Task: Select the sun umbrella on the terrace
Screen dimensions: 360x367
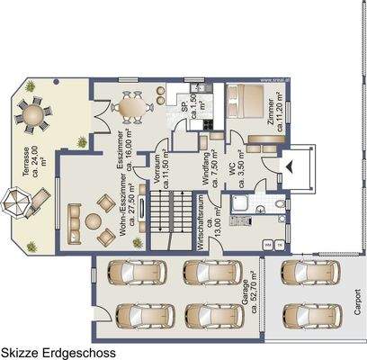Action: [x=15, y=203]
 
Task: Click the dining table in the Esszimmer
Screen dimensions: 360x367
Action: [x=138, y=107]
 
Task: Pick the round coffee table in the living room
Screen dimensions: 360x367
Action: [x=92, y=219]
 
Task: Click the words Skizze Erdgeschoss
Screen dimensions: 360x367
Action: [x=58, y=352]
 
